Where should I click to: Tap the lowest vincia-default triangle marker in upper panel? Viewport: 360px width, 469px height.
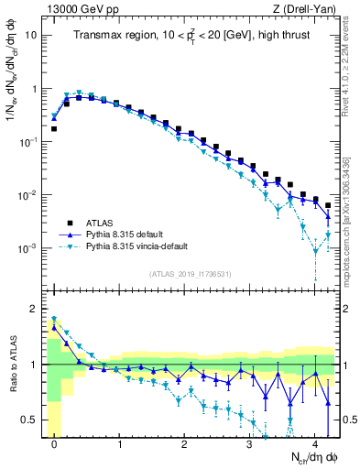316,251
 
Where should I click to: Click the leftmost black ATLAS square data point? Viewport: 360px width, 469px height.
54,129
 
